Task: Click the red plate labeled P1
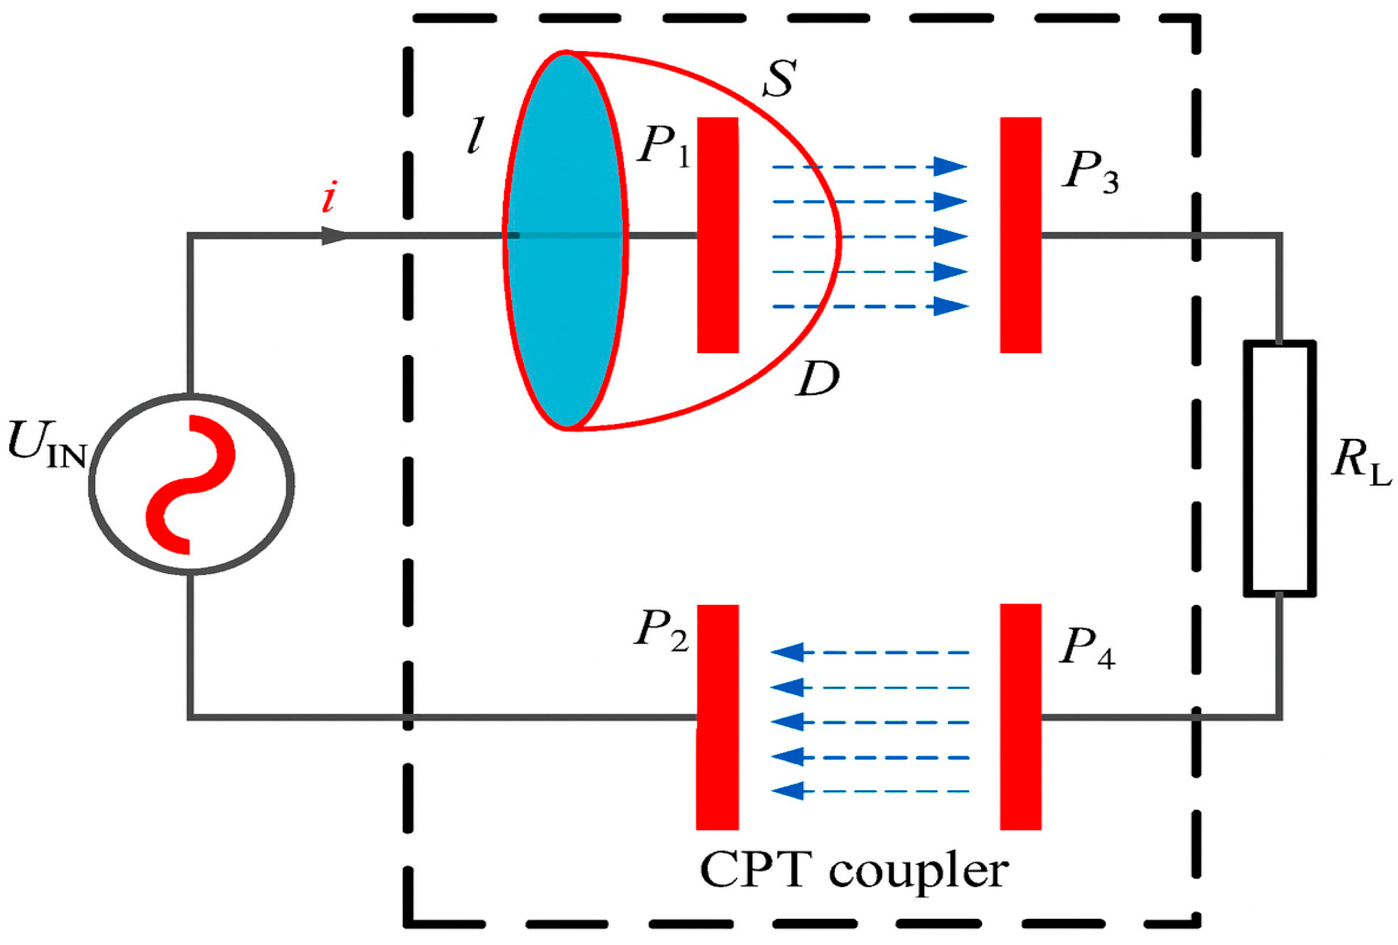pyautogui.click(x=717, y=235)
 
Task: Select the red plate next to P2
pyautogui.click(x=717, y=716)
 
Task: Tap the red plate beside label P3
pyautogui.click(x=1020, y=235)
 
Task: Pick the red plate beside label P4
pyautogui.click(x=1020, y=716)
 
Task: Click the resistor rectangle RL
pyautogui.click(x=1279, y=468)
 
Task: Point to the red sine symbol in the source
pyautogui.click(x=190, y=484)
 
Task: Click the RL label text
pyautogui.click(x=1360, y=463)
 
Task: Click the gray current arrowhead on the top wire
pyautogui.click(x=334, y=236)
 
